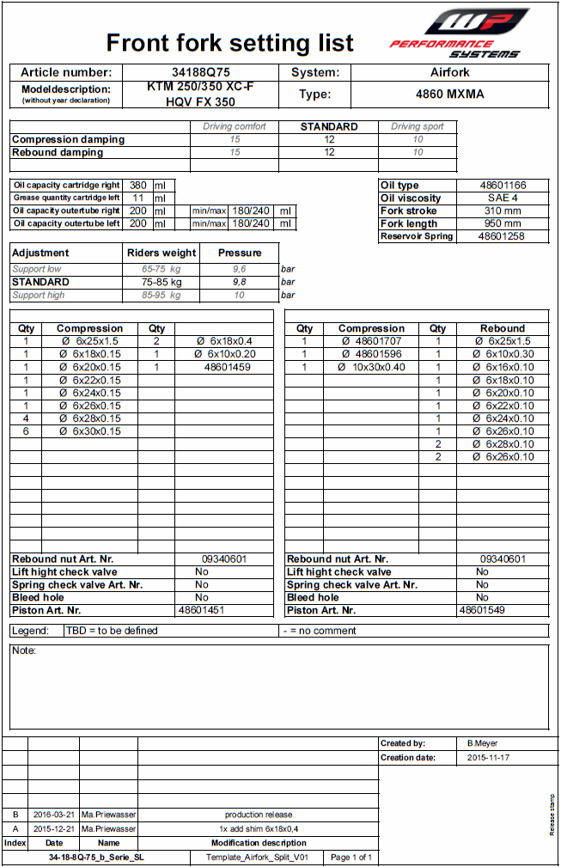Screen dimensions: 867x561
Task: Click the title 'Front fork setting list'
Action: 229,42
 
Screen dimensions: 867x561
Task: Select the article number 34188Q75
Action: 200,73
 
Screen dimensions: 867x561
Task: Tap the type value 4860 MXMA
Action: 449,95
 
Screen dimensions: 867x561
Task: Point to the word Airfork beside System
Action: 449,73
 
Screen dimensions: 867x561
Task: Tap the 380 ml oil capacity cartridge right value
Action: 137,185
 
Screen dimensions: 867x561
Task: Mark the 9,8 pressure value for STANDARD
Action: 239,282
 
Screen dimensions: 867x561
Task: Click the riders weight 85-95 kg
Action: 162,295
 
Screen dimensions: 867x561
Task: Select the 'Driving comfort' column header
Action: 235,126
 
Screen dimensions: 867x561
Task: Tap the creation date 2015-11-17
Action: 487,758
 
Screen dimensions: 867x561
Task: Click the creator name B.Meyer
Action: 482,743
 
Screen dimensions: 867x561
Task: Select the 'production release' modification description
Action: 259,815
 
